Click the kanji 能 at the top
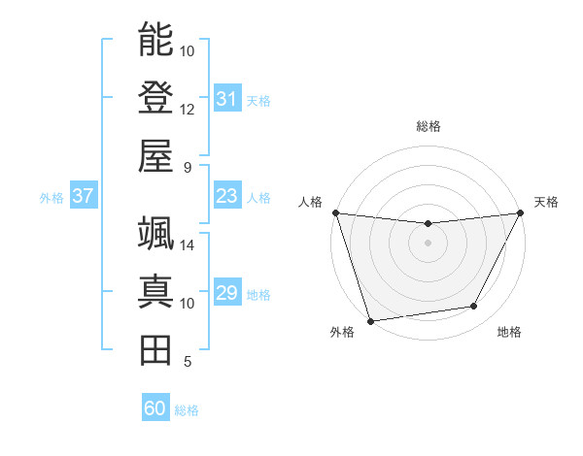click(x=155, y=39)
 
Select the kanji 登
click(x=155, y=97)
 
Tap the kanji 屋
click(x=155, y=155)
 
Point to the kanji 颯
click(x=155, y=233)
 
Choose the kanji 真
click(x=155, y=291)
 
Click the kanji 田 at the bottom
click(x=155, y=349)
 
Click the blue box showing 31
click(x=226, y=99)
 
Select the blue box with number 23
click(x=226, y=197)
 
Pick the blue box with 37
click(x=83, y=197)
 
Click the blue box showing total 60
click(x=155, y=409)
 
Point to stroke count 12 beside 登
click(x=188, y=109)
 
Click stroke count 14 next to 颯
click(x=188, y=244)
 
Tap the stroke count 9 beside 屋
click(x=187, y=167)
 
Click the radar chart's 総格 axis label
click(x=428, y=126)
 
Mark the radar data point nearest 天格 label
click(x=522, y=212)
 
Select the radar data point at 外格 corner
click(x=370, y=321)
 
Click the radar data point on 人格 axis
click(x=334, y=212)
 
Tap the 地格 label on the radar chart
click(x=509, y=333)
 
